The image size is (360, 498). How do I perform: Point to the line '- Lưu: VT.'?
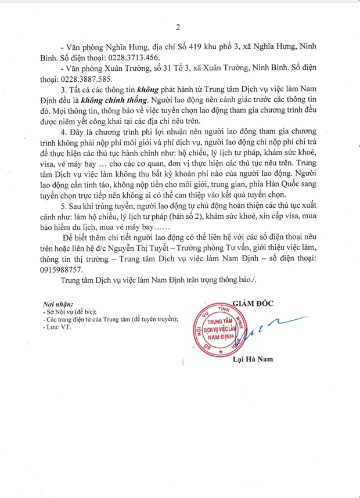coord(55,328)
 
